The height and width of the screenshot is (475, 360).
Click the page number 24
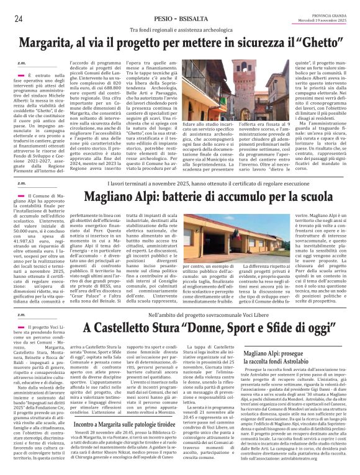coord(19,19)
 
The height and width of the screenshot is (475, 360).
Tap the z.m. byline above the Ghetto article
coord(22,63)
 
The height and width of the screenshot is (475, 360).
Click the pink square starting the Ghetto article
coord(22,74)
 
